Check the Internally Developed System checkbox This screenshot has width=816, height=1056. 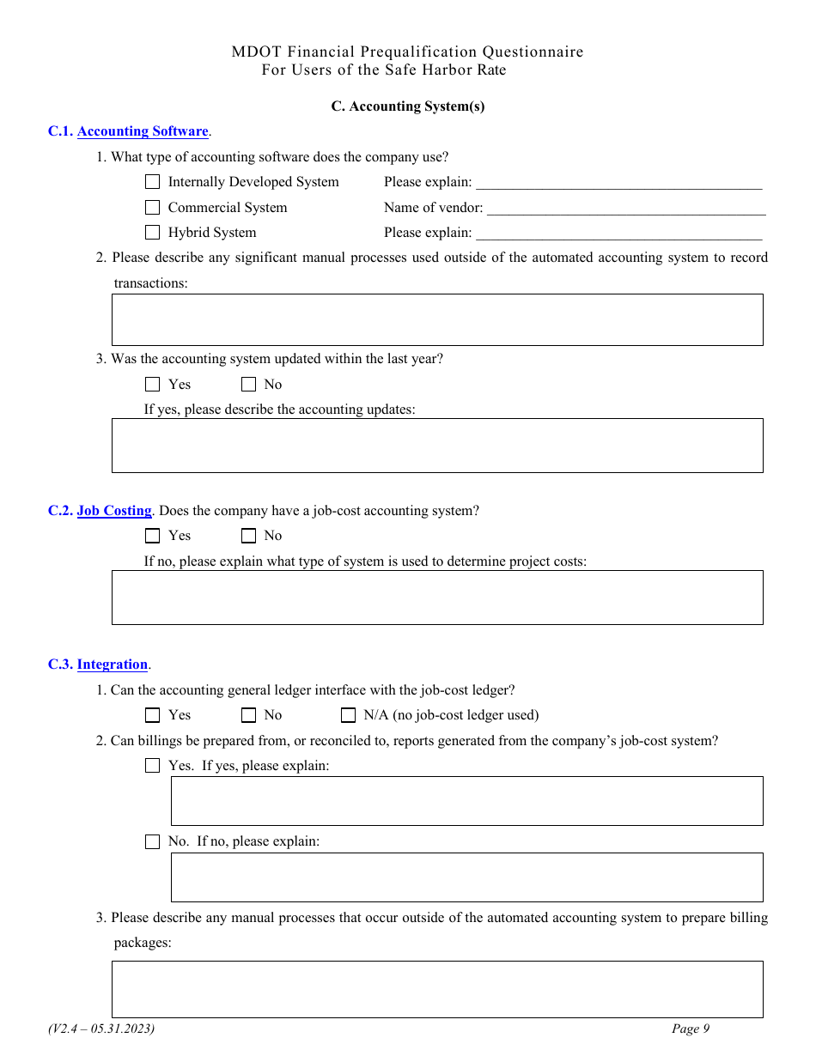[x=153, y=182]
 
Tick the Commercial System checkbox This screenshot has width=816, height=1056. [x=153, y=208]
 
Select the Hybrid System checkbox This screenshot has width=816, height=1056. [x=153, y=233]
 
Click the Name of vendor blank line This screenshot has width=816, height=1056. [x=625, y=209]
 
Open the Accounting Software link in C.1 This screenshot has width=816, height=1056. [x=143, y=131]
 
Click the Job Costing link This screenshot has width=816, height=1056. [x=114, y=511]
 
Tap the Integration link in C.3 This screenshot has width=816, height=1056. [x=113, y=665]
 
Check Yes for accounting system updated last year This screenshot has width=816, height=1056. [x=153, y=385]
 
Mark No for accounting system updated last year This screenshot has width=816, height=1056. [x=249, y=385]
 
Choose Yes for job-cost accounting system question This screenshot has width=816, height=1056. [x=153, y=536]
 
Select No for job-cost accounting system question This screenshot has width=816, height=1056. [x=249, y=536]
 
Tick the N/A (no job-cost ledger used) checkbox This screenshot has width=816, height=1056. [x=348, y=715]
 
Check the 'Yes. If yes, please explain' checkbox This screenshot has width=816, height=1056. [x=153, y=766]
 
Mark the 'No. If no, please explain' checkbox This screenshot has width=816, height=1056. [x=153, y=842]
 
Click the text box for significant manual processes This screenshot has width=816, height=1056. [x=437, y=319]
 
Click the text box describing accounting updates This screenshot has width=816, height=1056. [x=437, y=446]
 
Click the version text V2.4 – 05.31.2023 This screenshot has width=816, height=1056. [x=101, y=1029]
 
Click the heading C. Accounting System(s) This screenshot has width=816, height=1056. [x=408, y=106]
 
